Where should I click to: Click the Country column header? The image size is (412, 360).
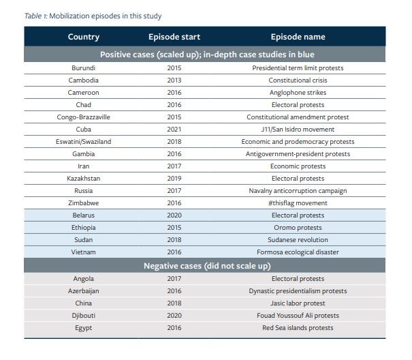(x=84, y=37)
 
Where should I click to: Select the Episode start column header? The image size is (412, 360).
(x=174, y=37)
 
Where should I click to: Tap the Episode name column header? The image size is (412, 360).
(x=298, y=37)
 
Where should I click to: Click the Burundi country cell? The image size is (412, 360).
(x=83, y=68)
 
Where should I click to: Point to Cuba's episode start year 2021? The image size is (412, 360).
(x=174, y=130)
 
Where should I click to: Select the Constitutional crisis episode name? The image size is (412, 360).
(x=298, y=80)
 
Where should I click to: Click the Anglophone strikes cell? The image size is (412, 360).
(x=298, y=93)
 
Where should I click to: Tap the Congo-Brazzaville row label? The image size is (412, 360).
(x=83, y=117)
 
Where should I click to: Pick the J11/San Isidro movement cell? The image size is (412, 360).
(x=298, y=130)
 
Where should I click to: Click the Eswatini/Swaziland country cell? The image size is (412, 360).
(x=83, y=142)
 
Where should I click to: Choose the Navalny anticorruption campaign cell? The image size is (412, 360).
(x=298, y=191)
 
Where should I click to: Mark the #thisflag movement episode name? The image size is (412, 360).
(x=298, y=203)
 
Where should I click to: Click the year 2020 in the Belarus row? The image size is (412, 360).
(x=174, y=215)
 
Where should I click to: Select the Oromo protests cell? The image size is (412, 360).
(x=298, y=227)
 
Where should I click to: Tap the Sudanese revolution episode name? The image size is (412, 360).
(x=298, y=240)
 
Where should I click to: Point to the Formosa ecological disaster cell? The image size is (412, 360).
(x=298, y=252)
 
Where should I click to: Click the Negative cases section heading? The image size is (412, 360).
(x=207, y=266)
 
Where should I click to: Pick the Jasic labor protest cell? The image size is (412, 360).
(x=298, y=303)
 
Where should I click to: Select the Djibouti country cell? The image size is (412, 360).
(x=83, y=315)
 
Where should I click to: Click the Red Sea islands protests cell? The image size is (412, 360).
(x=298, y=328)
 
